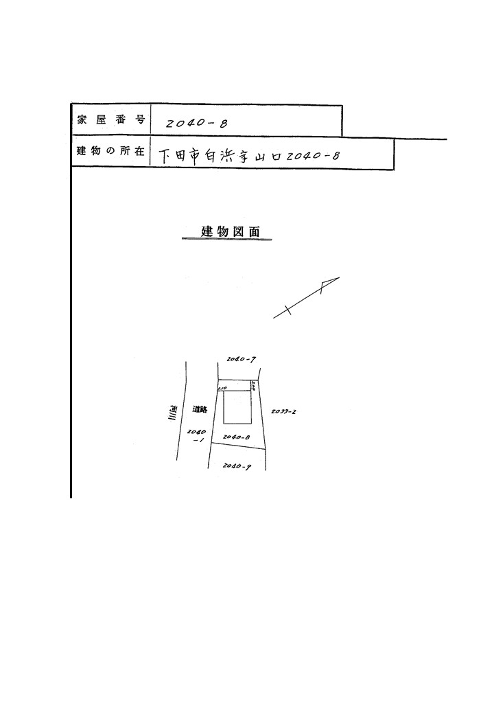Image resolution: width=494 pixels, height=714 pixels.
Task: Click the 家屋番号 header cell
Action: click(x=110, y=119)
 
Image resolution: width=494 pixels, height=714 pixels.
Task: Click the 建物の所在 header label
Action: click(x=110, y=152)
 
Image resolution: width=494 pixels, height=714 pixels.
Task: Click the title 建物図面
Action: click(x=228, y=231)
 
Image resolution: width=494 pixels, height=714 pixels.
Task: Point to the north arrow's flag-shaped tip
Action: click(x=329, y=284)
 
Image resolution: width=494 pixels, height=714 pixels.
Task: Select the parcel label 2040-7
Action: click(x=241, y=359)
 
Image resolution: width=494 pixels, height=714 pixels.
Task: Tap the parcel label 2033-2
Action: click(x=283, y=412)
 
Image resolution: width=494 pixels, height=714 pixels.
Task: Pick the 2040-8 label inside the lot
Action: click(x=235, y=437)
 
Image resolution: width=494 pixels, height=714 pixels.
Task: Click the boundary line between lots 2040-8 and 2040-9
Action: click(x=237, y=446)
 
